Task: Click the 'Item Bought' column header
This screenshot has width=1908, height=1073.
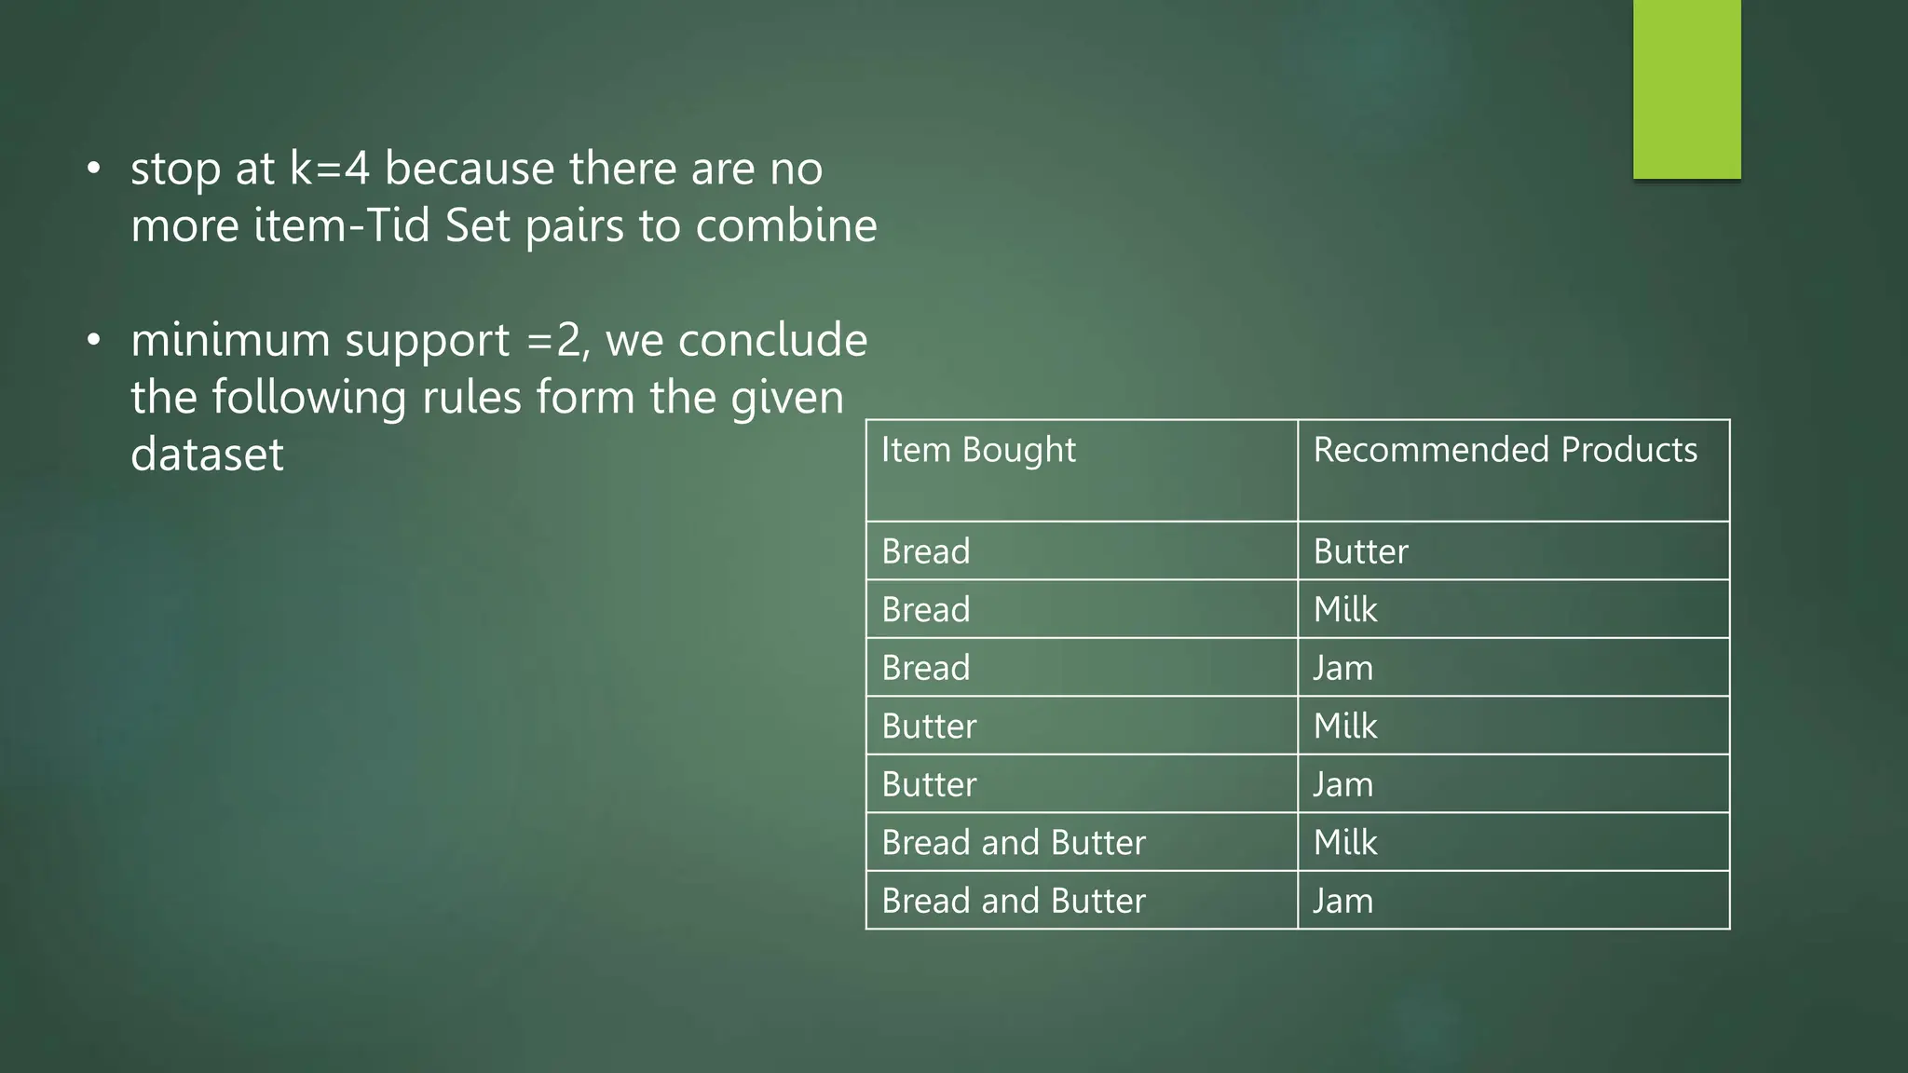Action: coord(978,450)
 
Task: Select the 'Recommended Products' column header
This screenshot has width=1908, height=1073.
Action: coord(1505,450)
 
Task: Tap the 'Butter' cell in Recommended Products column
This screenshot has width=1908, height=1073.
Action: coord(1360,551)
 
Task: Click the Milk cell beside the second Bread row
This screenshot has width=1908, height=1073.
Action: coord(1345,610)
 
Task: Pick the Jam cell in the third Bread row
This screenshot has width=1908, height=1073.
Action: coord(1342,668)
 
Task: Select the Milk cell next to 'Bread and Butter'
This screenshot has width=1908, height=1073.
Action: coord(1345,843)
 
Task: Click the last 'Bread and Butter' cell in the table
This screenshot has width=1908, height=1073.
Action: coord(1014,901)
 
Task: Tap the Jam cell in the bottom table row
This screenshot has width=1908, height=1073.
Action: coord(1342,901)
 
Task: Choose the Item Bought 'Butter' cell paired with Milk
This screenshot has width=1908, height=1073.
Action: coord(929,727)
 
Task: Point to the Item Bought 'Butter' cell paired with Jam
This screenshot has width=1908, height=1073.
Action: coord(929,784)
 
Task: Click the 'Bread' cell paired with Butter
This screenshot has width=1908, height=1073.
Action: coord(926,551)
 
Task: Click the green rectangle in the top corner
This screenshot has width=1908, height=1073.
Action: coord(1686,88)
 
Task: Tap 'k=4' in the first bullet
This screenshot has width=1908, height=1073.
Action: coord(330,169)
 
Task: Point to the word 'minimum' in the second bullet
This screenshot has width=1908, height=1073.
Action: coord(229,340)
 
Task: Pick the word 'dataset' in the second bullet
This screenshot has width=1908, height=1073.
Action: coord(207,455)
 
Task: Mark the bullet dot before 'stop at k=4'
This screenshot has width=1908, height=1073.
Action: coord(93,169)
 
